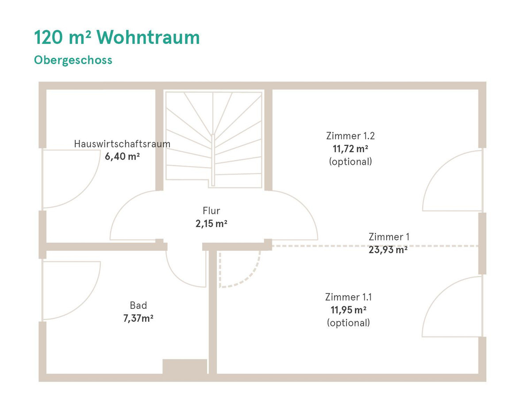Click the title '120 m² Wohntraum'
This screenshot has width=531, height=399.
click(117, 38)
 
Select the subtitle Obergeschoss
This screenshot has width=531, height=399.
click(73, 60)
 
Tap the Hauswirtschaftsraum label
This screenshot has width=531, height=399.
click(122, 144)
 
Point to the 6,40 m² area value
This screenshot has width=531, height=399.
click(122, 156)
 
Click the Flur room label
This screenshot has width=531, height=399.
click(211, 211)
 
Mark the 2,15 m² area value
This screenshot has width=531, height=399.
click(211, 224)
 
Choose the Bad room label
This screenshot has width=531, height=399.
click(138, 305)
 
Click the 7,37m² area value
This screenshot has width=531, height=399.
click(138, 318)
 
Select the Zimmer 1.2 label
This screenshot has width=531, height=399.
click(350, 136)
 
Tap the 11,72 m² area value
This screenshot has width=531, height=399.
click(350, 149)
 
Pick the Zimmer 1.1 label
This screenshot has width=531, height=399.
click(348, 297)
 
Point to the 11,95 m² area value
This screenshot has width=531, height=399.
click(348, 310)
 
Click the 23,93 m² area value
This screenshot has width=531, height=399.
click(388, 250)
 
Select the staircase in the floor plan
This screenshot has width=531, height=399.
click(214, 140)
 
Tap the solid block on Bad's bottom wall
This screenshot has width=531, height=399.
click(185, 366)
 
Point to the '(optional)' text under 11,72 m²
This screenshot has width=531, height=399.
click(350, 162)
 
